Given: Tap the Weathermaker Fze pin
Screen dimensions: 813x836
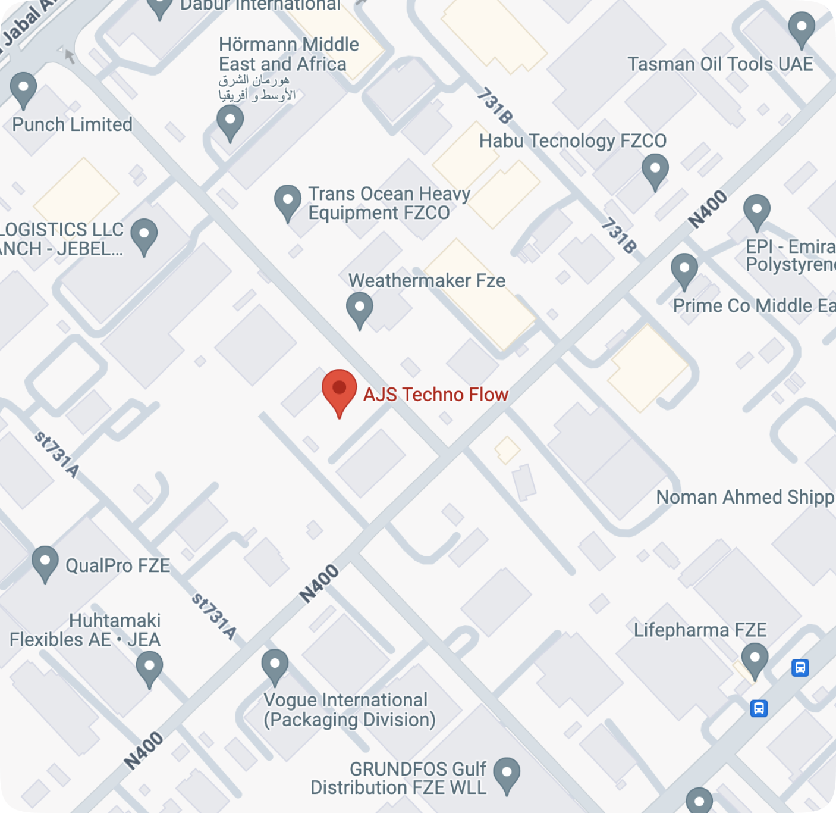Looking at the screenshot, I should click(359, 308).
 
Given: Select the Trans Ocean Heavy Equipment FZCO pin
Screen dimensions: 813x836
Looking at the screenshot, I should click(288, 201).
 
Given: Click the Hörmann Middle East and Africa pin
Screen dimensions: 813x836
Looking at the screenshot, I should click(230, 121).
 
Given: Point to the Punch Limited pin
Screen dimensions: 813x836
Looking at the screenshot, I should click(23, 89).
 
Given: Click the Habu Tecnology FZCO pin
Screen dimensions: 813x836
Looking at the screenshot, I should click(655, 170).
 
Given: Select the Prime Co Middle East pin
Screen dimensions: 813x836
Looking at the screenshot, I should click(684, 270).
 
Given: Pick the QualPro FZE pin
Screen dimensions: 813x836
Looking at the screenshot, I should click(45, 562).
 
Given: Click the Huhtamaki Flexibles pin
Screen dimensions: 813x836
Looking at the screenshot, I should click(149, 667).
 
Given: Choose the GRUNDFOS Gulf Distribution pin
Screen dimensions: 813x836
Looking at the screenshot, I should click(507, 773).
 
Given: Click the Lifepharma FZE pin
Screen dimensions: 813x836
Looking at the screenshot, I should click(755, 659).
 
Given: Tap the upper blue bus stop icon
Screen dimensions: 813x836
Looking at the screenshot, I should click(800, 668).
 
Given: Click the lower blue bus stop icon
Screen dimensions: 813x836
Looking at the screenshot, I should click(759, 708).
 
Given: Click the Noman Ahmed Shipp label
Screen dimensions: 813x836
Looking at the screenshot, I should click(745, 497).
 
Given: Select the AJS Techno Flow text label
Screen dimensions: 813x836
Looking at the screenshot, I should click(435, 395).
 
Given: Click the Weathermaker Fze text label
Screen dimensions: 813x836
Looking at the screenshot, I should click(427, 280).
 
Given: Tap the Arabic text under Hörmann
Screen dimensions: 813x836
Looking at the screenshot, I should click(257, 87).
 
